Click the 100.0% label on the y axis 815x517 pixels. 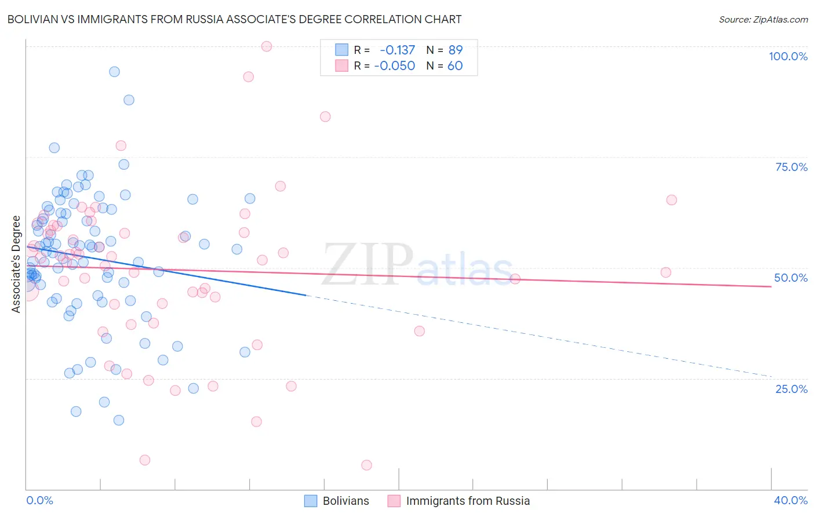788,56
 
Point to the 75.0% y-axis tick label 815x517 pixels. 791,167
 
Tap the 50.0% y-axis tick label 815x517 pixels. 791,278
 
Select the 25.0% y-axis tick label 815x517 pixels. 791,388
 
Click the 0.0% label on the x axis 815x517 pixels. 39,500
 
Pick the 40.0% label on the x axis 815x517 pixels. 791,500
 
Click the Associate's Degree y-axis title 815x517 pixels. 16,264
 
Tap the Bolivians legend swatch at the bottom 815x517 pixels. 311,501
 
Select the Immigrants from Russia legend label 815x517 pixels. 468,501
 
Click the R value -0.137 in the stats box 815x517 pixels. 397,50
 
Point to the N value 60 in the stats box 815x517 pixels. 455,66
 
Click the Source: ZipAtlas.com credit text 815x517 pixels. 763,20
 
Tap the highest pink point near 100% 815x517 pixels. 267,46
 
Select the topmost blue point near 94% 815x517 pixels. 114,72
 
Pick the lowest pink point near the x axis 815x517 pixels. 366,465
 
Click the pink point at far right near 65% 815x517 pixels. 671,200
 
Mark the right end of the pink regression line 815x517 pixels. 771,286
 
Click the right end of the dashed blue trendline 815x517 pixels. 771,377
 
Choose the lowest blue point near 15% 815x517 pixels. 119,420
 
